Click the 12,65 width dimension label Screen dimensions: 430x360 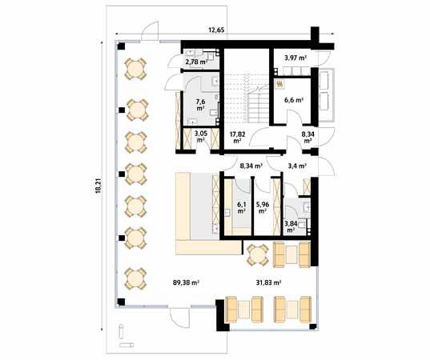point(216,30)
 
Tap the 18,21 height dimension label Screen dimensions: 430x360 point(98,186)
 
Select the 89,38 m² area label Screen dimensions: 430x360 point(186,282)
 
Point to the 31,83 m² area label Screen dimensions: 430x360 point(269,282)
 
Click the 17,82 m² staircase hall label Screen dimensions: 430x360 point(238,138)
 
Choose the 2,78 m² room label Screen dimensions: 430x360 point(196,62)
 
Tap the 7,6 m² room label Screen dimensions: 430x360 point(200,105)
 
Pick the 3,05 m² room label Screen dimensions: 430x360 point(201,136)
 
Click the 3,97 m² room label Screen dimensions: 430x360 point(295,58)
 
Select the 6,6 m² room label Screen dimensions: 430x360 point(294,100)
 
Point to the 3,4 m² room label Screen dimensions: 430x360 point(297,166)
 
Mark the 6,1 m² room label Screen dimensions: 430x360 point(241,208)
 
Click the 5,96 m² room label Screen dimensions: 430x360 point(263,208)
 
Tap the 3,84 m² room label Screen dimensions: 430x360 point(291,227)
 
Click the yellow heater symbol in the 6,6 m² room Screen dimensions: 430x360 point(280,84)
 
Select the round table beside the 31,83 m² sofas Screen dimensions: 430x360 point(258,255)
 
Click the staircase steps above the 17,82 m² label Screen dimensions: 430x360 point(247,98)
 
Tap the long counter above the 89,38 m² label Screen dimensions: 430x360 point(208,247)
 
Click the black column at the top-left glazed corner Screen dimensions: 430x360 point(121,46)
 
